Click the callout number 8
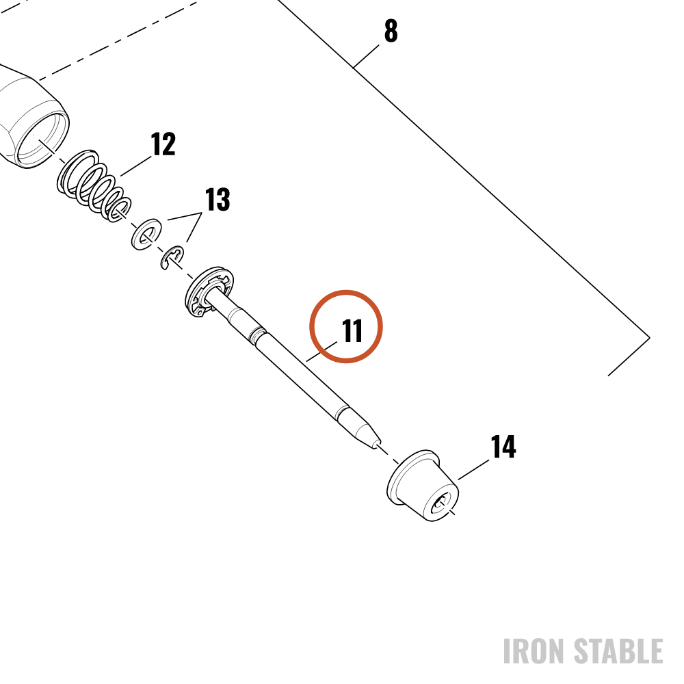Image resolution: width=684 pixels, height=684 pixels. pos(391,31)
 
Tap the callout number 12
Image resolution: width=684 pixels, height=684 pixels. pos(163,144)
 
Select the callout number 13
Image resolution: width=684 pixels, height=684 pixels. pos(218,199)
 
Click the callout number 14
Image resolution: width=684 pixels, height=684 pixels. pos(503,446)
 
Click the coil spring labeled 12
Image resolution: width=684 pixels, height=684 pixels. pos(94,186)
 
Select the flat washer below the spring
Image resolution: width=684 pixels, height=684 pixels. pos(146,234)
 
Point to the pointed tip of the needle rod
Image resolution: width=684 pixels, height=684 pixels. pos(375,446)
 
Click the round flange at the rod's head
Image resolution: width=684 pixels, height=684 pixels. pos(209,292)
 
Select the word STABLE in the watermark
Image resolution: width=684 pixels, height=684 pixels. pos(618,651)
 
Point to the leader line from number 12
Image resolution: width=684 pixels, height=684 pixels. pos(135,166)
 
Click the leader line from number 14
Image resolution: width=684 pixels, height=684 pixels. pos(473,470)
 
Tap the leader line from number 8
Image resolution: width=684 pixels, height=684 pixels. pos(366,56)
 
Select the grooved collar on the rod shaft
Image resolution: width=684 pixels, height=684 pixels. pos(255,334)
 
